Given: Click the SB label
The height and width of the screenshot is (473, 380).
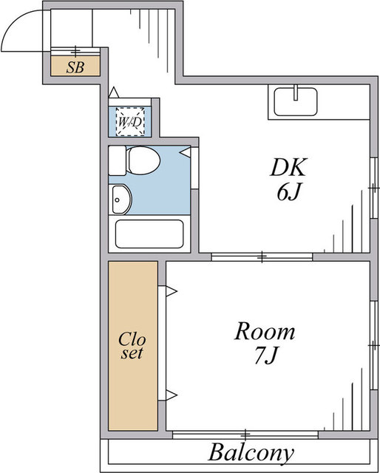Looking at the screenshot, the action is [75, 67].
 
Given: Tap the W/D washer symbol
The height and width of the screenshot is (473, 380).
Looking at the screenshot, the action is [130, 121].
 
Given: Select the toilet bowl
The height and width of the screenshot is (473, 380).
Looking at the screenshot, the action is [143, 160].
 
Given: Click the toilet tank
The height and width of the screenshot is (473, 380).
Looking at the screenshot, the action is [117, 160].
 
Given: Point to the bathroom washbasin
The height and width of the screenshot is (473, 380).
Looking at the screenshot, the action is [122, 200].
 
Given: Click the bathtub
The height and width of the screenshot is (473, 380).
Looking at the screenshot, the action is [149, 234].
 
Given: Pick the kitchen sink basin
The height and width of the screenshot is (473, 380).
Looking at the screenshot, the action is [296, 102].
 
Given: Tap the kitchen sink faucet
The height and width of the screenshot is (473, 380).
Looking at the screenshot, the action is [296, 92].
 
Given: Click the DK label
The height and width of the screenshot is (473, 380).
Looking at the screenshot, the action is [288, 167].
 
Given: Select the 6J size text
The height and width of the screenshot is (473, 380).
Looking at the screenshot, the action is [289, 192].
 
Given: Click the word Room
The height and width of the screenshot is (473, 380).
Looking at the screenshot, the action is [265, 331].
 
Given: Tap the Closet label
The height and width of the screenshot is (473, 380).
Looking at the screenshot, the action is [132, 346].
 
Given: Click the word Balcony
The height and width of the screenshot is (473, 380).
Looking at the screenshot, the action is [251, 453].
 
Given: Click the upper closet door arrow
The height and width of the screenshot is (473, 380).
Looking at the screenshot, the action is [171, 291].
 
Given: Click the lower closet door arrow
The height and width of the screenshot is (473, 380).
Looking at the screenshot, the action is [171, 395].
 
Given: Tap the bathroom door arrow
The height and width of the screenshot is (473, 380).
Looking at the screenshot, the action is [185, 152].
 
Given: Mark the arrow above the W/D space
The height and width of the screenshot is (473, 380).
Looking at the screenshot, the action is [114, 92].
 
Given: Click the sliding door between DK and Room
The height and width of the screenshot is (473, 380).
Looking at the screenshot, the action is [262, 257].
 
